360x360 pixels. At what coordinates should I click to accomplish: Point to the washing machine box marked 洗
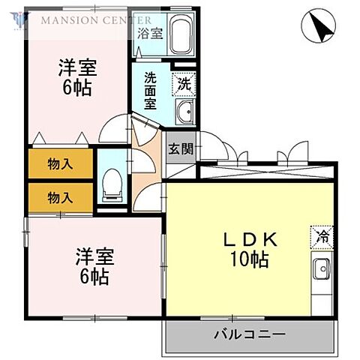click(x=184, y=83)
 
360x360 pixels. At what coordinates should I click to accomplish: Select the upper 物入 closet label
click(x=60, y=164)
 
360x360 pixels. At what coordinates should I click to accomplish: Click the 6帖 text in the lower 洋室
click(x=93, y=276)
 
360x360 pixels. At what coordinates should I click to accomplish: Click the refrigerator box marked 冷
click(x=322, y=236)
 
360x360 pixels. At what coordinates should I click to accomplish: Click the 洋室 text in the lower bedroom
click(x=93, y=256)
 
